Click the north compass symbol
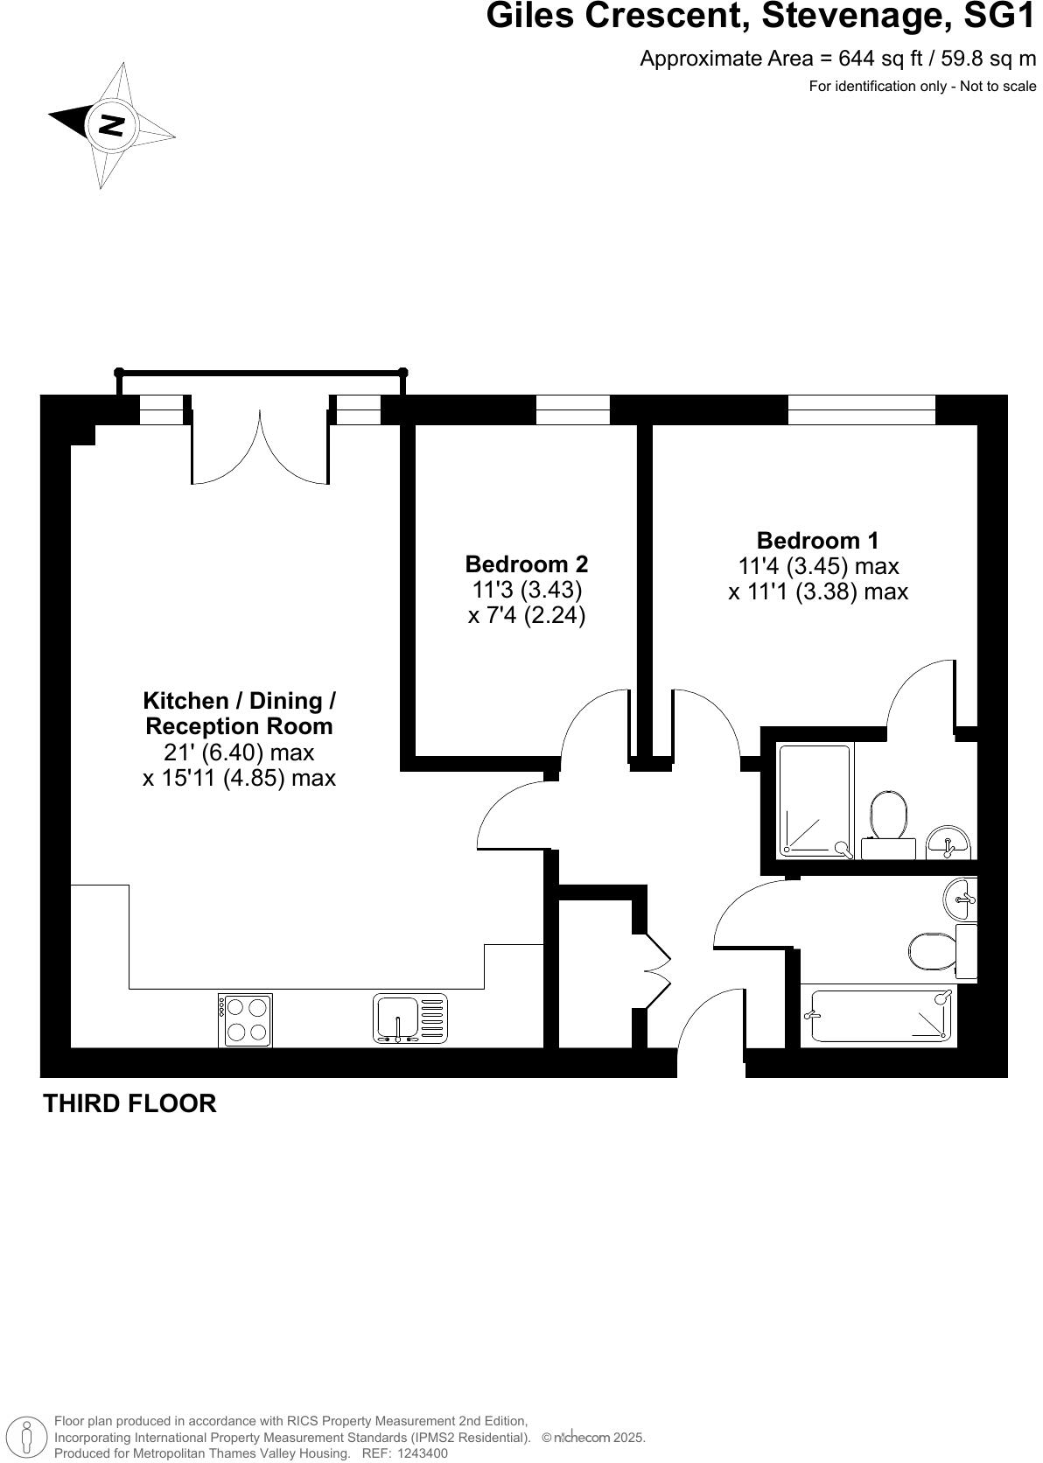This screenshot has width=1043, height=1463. point(111,125)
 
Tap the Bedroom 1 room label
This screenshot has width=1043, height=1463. point(817,540)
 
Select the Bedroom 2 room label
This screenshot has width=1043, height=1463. point(526,563)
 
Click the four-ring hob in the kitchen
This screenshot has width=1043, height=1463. point(245,1019)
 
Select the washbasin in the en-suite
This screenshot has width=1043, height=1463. point(947,842)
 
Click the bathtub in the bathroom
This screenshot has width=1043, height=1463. point(880,1015)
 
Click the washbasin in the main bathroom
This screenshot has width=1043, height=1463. point(961,899)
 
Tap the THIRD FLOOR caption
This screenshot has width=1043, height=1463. point(129,1103)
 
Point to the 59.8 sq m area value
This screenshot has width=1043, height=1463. point(987,59)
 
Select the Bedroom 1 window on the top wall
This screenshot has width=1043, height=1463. point(861,409)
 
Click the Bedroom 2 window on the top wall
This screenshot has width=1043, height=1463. point(572,409)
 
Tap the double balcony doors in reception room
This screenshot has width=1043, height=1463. point(260,442)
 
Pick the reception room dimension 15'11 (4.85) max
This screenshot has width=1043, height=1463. point(239,777)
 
